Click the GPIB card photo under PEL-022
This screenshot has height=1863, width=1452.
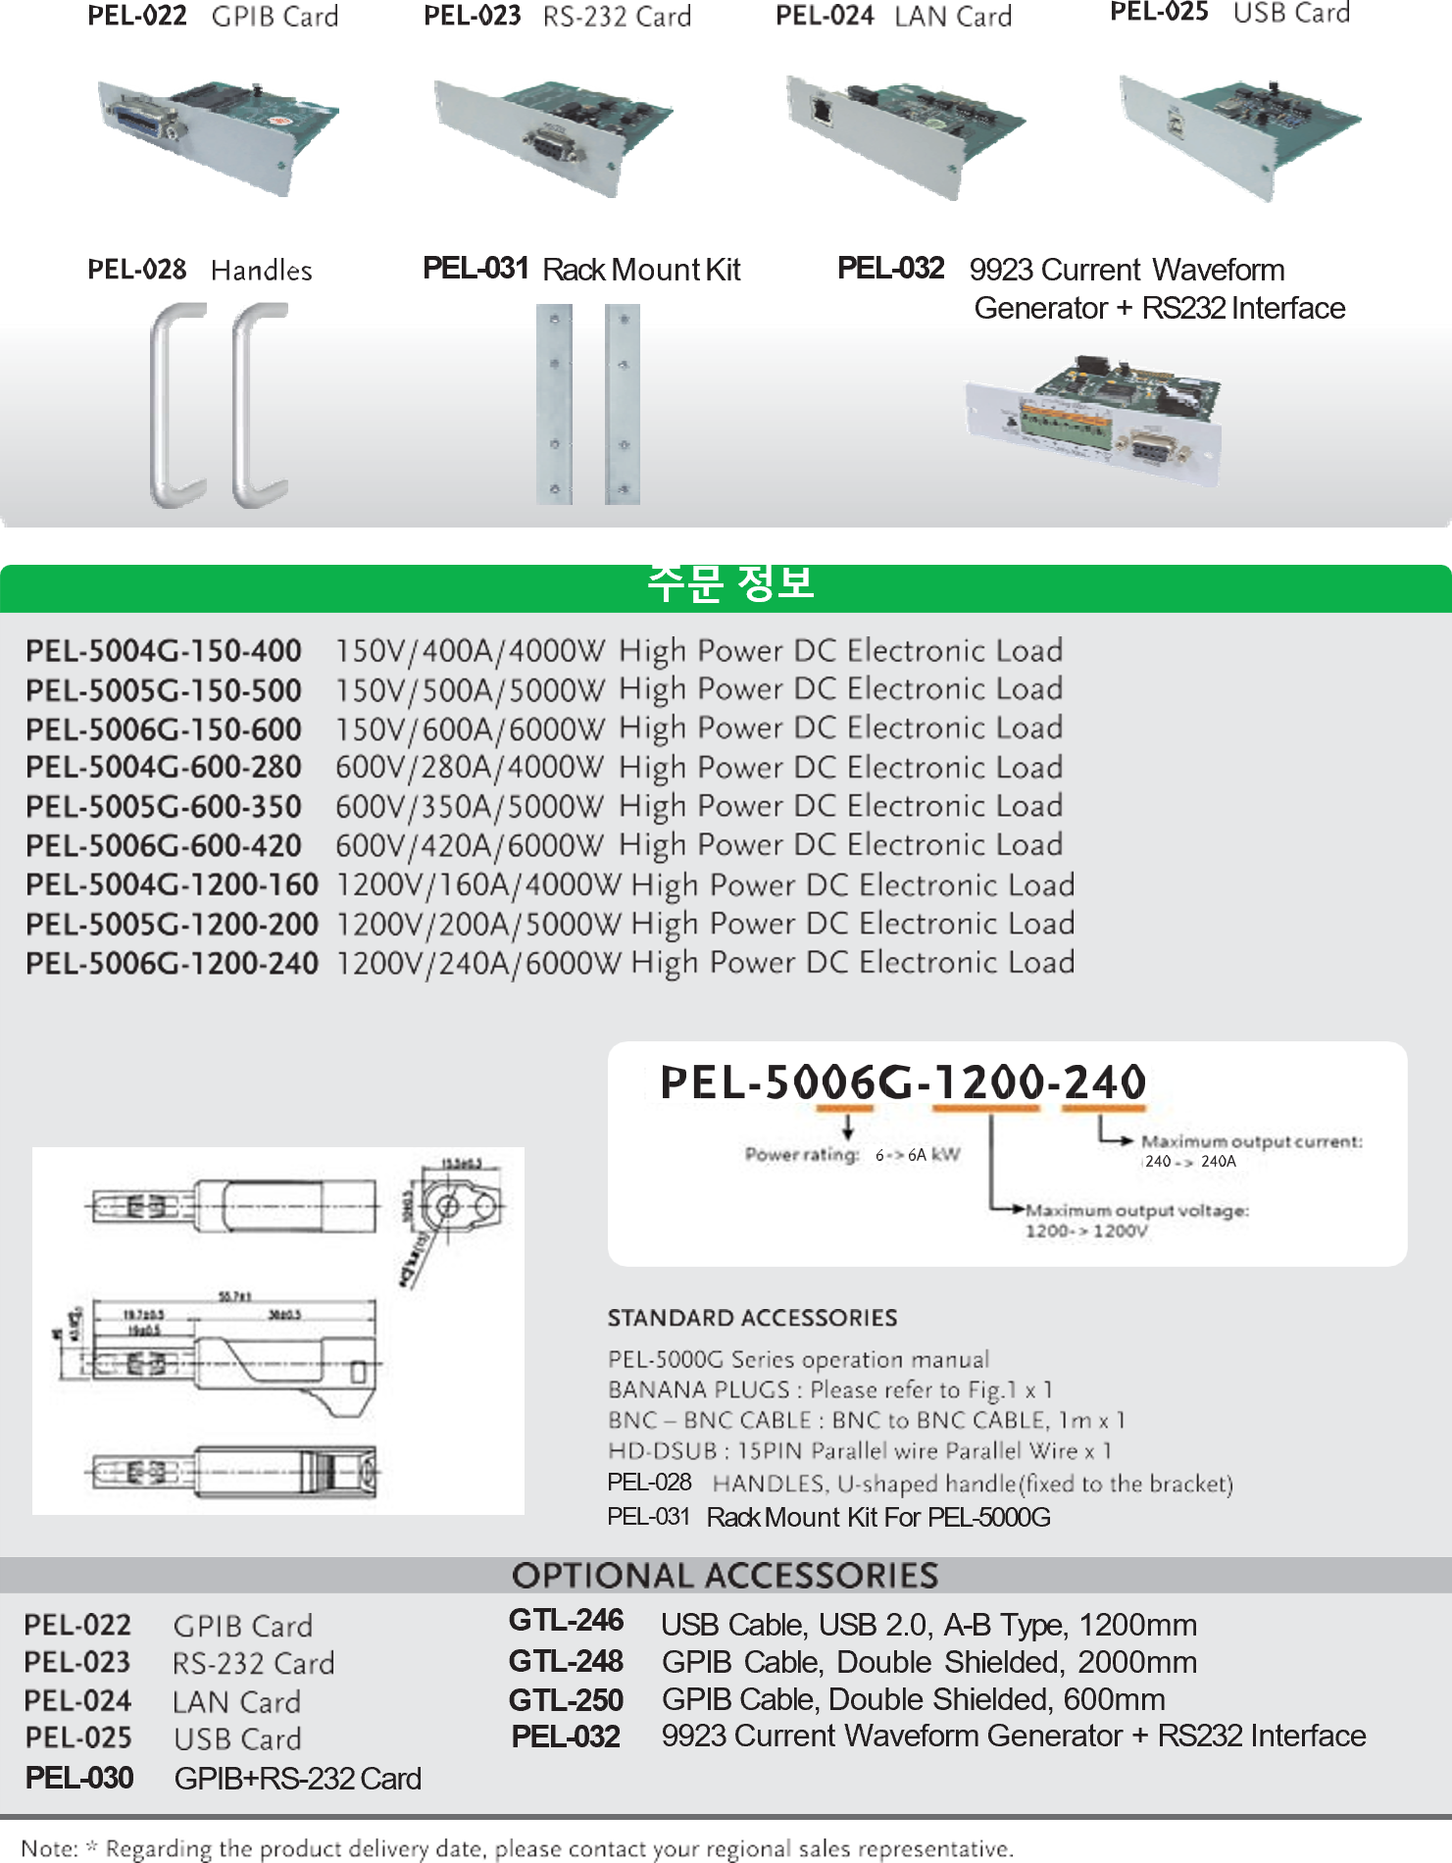(x=218, y=135)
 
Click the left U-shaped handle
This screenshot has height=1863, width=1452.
(x=176, y=404)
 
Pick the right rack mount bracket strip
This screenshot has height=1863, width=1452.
(x=623, y=404)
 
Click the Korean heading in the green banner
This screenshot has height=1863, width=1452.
(x=729, y=583)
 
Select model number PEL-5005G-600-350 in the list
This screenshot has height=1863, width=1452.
(x=164, y=807)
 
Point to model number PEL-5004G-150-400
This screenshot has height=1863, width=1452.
(x=164, y=651)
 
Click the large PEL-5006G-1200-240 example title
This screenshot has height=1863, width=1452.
(x=903, y=1083)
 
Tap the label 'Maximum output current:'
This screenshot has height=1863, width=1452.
(x=1251, y=1141)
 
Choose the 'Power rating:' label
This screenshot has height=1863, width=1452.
(x=802, y=1155)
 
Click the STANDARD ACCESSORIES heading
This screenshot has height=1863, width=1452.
(x=752, y=1318)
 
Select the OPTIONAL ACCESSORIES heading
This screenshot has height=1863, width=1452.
(x=725, y=1576)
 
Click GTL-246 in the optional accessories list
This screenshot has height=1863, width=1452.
(x=566, y=1621)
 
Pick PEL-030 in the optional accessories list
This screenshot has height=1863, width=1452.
(x=79, y=1778)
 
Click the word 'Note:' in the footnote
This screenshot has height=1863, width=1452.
(x=51, y=1849)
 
